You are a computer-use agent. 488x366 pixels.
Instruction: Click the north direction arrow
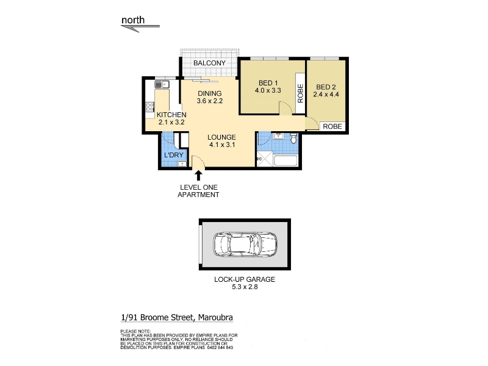tap(140, 28)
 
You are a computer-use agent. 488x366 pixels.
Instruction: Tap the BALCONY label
tap(209, 63)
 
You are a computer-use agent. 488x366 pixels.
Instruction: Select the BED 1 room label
tap(268, 83)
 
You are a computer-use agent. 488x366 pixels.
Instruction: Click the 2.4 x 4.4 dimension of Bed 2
tap(326, 95)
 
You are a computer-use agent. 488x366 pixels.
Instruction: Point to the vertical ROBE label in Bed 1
tap(300, 93)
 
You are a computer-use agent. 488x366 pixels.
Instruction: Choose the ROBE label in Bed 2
tap(332, 126)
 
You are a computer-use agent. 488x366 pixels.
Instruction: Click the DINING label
tap(210, 93)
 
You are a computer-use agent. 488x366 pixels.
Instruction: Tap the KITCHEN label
tap(171, 115)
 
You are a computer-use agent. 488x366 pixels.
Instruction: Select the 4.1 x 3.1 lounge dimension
tap(222, 145)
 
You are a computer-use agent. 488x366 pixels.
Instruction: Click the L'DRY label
tap(174, 155)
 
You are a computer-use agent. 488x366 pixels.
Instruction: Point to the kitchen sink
tap(162, 84)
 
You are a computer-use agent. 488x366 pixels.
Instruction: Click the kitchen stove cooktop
tap(149, 107)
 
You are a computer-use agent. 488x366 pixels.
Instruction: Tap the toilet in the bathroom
tap(293, 138)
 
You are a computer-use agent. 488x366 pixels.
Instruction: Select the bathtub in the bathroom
tap(285, 161)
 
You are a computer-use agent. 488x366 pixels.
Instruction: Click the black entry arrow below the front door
tap(198, 176)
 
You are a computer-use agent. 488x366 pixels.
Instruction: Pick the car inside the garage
tap(245, 245)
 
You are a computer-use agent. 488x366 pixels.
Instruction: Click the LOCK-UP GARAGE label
tap(245, 279)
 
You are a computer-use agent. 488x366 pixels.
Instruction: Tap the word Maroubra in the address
tap(215, 317)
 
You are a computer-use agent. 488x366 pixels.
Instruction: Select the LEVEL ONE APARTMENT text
tap(198, 191)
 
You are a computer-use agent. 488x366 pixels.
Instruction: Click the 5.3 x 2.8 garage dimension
tap(245, 287)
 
